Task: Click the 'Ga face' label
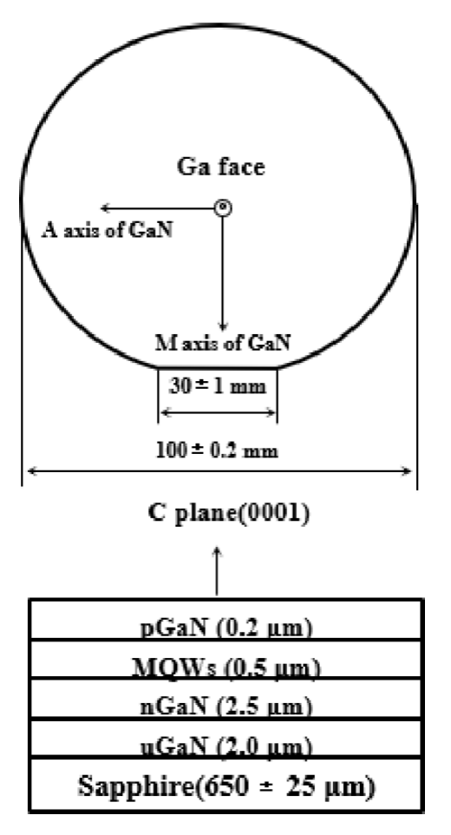pos(220,168)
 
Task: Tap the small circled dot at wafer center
pos(223,207)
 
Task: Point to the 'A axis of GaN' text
pos(108,231)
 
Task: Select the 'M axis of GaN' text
pos(223,343)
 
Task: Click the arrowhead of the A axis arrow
pos(105,207)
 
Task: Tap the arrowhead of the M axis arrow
pos(223,326)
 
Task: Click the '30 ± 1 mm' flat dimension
pos(217,386)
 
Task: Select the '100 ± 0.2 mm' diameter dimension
pos(217,451)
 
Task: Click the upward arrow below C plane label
pos(217,571)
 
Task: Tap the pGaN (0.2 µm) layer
pos(226,620)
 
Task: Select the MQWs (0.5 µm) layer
pos(226,661)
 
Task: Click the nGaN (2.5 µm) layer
pos(226,700)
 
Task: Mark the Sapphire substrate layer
pos(226,786)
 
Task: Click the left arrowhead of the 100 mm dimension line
pos(31,470)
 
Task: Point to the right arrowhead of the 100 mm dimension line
pos(407,470)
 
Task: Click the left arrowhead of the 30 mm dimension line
pos(165,412)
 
